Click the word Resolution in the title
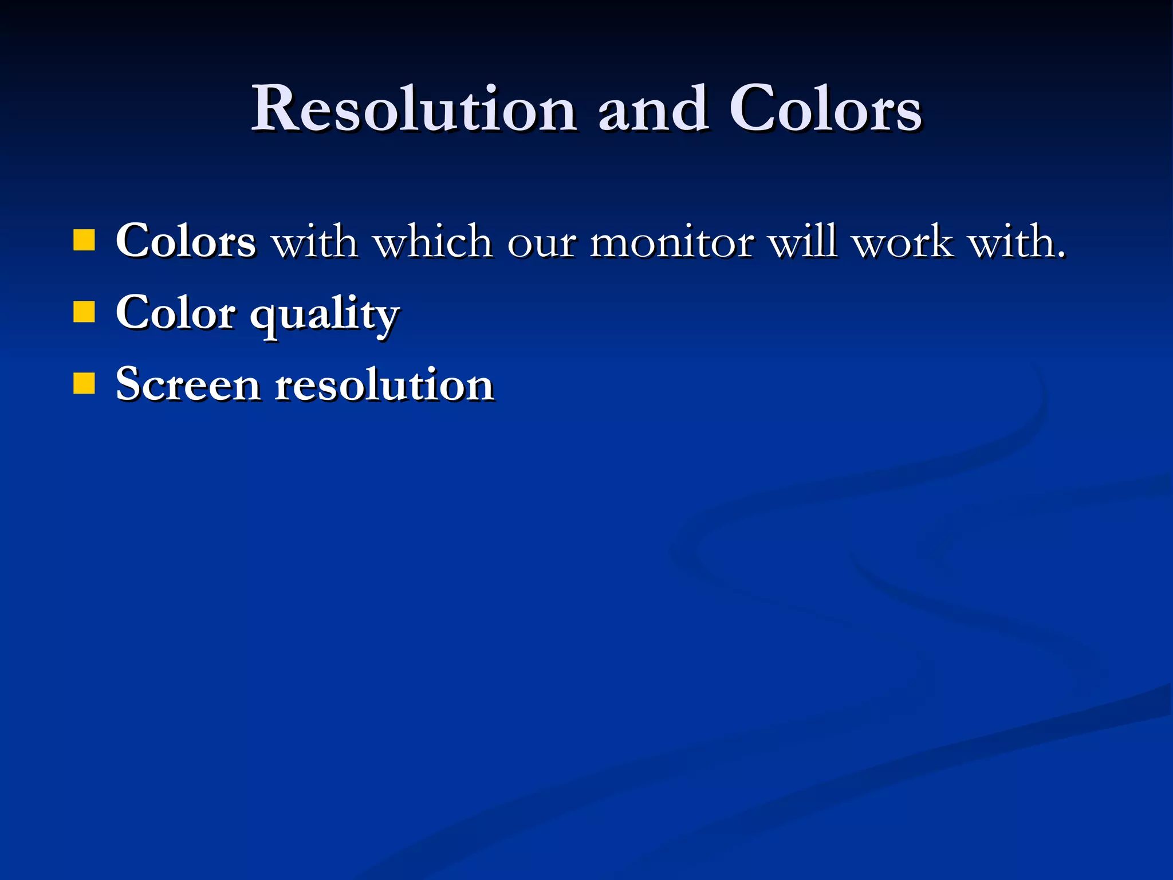[x=414, y=109]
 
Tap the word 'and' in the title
[x=652, y=109]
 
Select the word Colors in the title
[x=825, y=109]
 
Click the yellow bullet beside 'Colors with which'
[x=84, y=241]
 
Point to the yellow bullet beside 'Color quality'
[x=84, y=313]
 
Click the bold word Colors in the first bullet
[x=186, y=241]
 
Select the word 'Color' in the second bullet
[x=175, y=313]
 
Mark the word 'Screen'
[x=188, y=384]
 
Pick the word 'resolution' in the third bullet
[x=384, y=384]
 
